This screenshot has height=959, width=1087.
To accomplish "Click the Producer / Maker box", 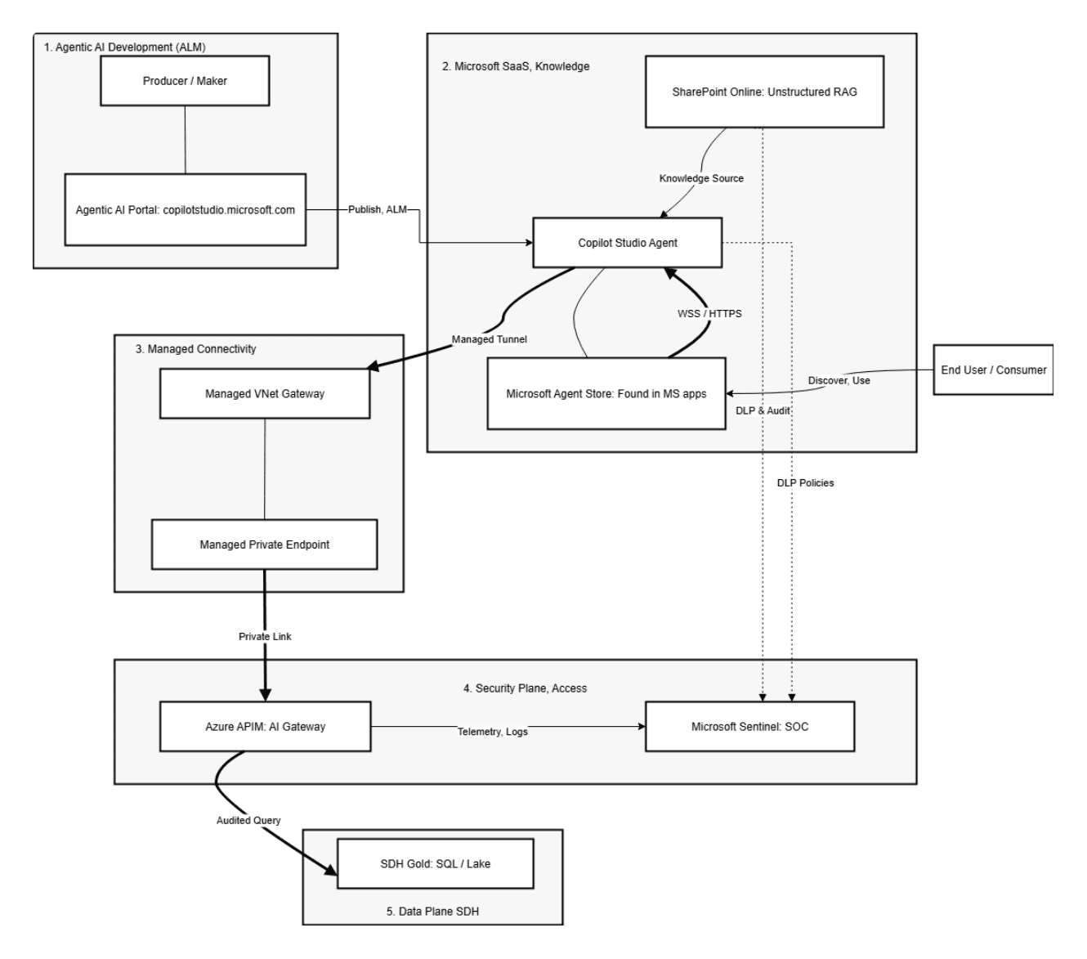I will [185, 81].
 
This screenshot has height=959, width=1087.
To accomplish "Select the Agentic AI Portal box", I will [185, 209].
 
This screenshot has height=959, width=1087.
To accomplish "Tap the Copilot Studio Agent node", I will [628, 242].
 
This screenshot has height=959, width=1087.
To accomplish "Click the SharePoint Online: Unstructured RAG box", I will [764, 92].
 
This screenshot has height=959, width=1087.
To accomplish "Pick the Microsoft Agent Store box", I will [606, 393].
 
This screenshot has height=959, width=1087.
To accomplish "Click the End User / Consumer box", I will [993, 370].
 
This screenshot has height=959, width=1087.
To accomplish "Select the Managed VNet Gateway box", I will [264, 393].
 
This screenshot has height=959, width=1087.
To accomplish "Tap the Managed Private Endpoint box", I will [264, 544].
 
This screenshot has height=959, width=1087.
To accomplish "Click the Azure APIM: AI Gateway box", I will [265, 726].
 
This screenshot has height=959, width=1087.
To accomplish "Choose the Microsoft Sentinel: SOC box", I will [749, 726].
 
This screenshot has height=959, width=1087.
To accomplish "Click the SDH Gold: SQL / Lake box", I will [435, 863].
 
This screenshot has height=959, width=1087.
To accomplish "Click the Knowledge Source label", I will [701, 178].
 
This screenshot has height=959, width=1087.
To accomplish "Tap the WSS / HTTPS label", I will [709, 313].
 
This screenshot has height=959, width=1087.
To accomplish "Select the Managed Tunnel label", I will [490, 339].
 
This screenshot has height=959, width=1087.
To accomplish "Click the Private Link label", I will [265, 636].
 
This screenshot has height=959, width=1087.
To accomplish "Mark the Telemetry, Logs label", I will [492, 732].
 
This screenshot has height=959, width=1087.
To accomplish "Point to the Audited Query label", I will [248, 820].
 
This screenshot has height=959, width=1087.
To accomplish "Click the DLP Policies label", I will [805, 483].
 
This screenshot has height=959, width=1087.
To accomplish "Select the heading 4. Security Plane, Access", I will [525, 688].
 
